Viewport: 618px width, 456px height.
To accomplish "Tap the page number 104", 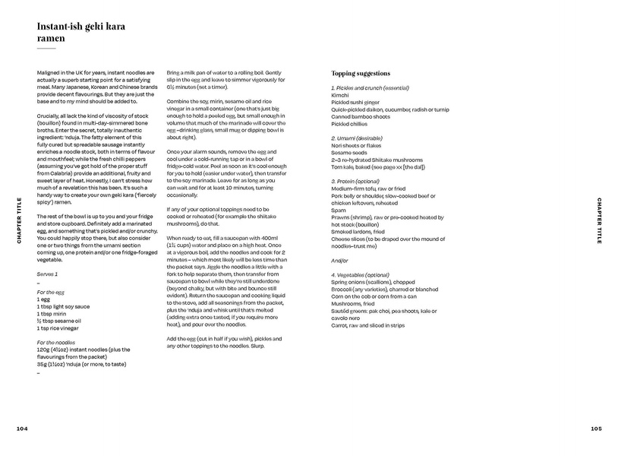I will point(22,428).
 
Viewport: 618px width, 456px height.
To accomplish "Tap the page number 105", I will point(596,428).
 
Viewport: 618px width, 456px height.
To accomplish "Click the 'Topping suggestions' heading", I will point(361,74).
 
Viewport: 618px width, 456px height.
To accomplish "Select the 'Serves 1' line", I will point(47,273).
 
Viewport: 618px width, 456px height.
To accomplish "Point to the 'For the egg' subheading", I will point(51,292).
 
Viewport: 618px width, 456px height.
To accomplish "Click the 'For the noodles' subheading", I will point(56,342).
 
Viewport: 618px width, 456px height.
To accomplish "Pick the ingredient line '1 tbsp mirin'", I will point(52,312).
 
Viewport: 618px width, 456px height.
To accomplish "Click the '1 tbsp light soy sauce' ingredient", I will point(62,306).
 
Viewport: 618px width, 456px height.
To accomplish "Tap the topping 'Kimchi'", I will point(340,95).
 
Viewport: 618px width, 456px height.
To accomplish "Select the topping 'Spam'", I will point(338,210).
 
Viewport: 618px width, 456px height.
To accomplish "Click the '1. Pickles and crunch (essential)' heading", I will point(370,88).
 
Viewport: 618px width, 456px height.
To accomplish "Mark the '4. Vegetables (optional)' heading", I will point(360,274).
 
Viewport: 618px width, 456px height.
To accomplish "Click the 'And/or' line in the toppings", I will point(339,260).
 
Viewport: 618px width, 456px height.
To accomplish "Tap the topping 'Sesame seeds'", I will point(350,153).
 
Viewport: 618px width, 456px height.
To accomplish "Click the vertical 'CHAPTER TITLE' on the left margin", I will point(20,220).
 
